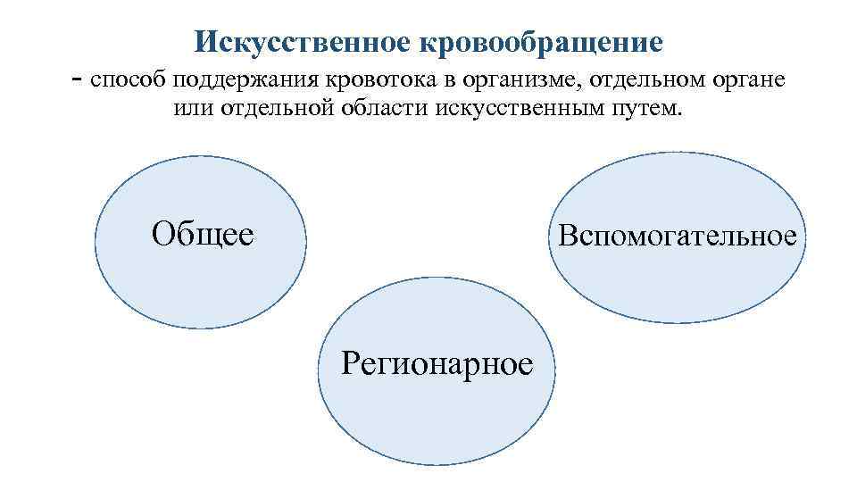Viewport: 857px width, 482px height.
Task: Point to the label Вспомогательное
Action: pyautogui.click(x=678, y=237)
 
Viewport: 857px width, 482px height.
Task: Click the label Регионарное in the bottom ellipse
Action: pyautogui.click(x=437, y=363)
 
